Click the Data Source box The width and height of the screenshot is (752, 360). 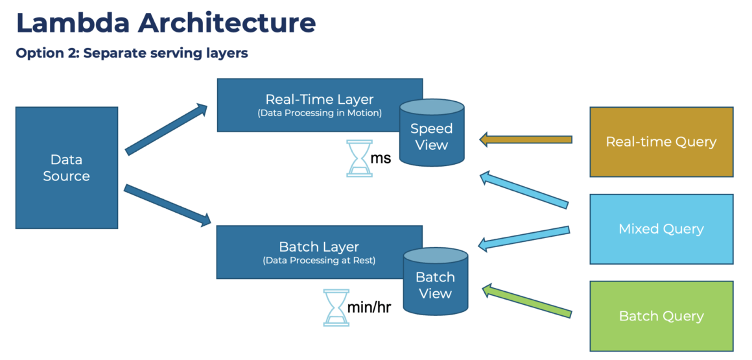click(x=66, y=167)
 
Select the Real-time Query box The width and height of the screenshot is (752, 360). click(x=661, y=142)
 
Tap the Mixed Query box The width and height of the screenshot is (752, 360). click(x=661, y=229)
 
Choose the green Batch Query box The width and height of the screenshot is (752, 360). click(x=661, y=316)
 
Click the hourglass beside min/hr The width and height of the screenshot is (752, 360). click(x=335, y=307)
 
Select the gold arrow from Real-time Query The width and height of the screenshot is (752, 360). click(x=525, y=139)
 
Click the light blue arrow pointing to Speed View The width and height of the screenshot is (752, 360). click(x=524, y=191)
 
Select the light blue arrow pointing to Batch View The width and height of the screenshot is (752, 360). click(x=524, y=237)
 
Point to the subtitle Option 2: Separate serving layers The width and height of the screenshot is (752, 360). click(x=132, y=53)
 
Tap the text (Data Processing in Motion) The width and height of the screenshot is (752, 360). click(x=320, y=113)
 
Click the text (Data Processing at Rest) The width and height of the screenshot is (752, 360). click(x=319, y=260)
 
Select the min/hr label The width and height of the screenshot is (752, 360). click(x=369, y=307)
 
